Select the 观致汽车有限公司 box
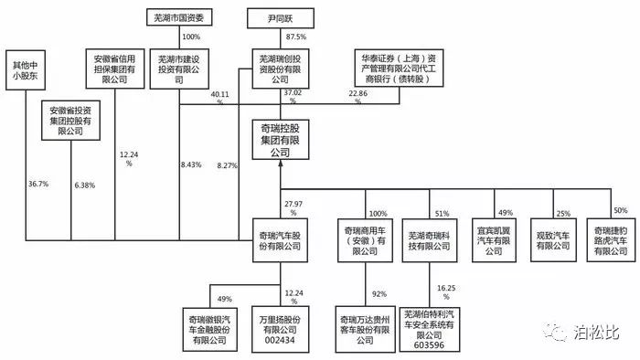click(x=552, y=238)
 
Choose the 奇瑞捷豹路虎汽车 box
click(x=608, y=238)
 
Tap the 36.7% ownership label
click(x=38, y=184)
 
